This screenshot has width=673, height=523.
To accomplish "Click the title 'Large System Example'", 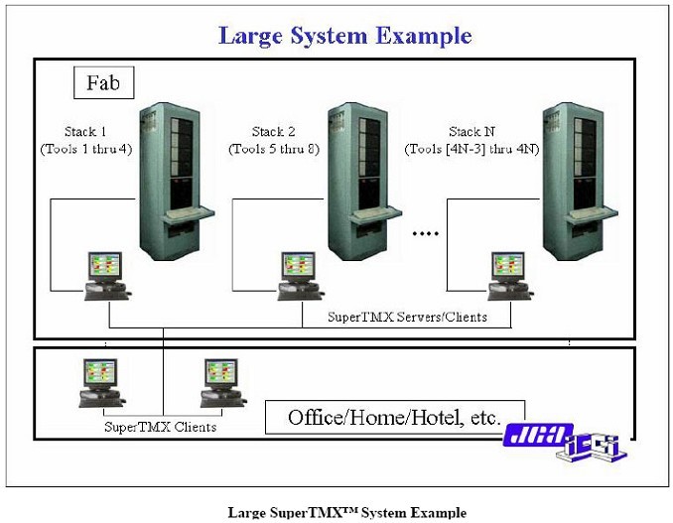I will point(344,37).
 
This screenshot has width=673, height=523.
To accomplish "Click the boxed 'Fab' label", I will point(104,82).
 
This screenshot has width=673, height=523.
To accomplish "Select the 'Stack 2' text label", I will point(273,132).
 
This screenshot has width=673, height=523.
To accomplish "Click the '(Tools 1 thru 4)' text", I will point(86,149).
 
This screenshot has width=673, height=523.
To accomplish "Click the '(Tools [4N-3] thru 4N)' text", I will point(472,149).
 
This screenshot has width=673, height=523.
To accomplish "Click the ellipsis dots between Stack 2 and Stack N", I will point(426,235).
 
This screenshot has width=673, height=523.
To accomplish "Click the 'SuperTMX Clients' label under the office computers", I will point(159,427).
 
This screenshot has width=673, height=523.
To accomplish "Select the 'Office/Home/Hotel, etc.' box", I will point(394,416).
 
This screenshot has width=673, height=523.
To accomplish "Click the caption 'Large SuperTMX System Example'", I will point(346,512).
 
